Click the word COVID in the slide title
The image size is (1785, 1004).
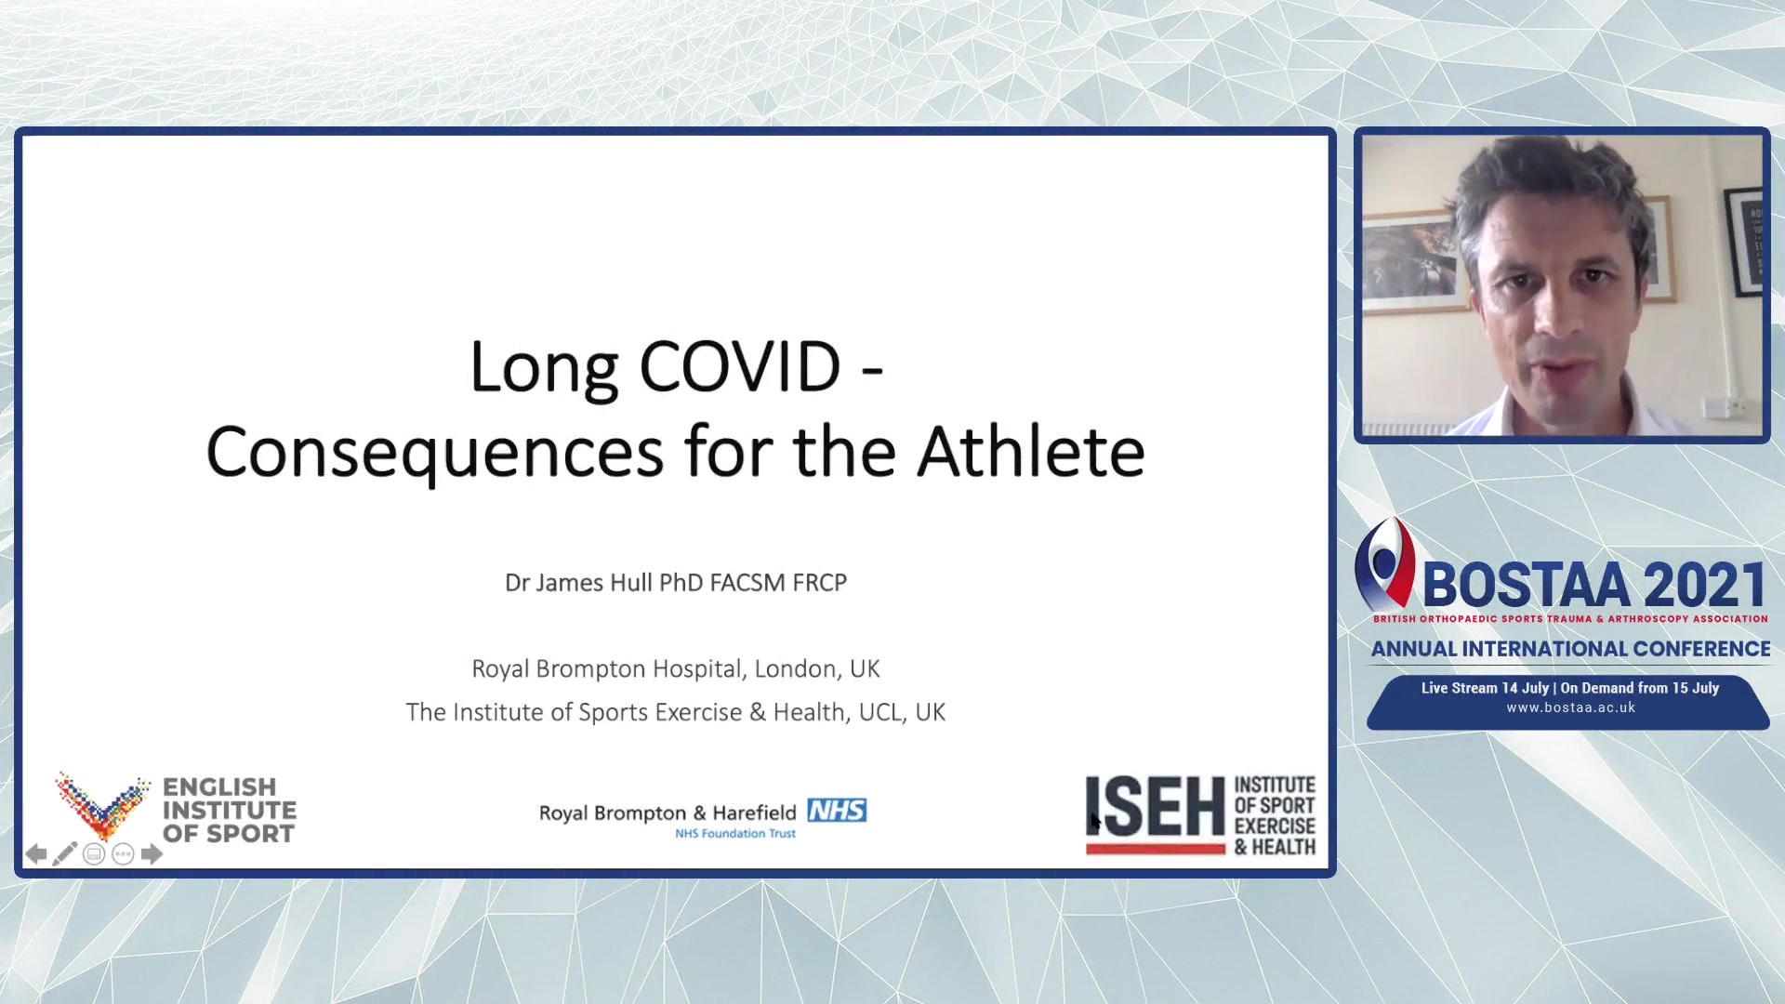pyautogui.click(x=740, y=366)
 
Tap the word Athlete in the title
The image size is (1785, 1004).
pyautogui.click(x=1031, y=452)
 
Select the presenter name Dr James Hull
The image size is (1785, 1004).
pyautogui.click(x=578, y=583)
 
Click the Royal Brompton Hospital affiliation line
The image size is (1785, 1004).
pyautogui.click(x=676, y=668)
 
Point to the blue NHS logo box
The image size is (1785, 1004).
pyautogui.click(x=837, y=811)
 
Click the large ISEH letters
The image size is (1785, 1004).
pyautogui.click(x=1156, y=807)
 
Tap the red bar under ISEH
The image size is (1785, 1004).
pyautogui.click(x=1156, y=848)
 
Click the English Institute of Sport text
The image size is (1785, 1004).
pyautogui.click(x=230, y=811)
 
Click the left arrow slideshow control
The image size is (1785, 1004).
pyautogui.click(x=36, y=854)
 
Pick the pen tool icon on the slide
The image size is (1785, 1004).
pyautogui.click(x=64, y=854)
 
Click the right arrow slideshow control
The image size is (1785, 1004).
pyautogui.click(x=152, y=854)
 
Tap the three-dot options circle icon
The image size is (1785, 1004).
pyautogui.click(x=123, y=854)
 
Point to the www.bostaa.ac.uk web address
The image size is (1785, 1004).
pyautogui.click(x=1570, y=707)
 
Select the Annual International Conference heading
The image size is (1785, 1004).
pyautogui.click(x=1570, y=649)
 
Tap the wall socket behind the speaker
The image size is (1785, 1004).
pyautogui.click(x=1723, y=406)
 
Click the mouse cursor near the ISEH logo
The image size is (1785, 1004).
pyautogui.click(x=1096, y=822)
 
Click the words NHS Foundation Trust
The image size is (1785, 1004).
pyautogui.click(x=735, y=834)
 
